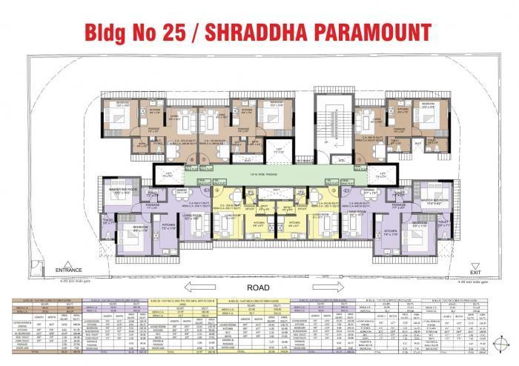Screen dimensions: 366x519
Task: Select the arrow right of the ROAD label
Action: coord(312,287)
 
